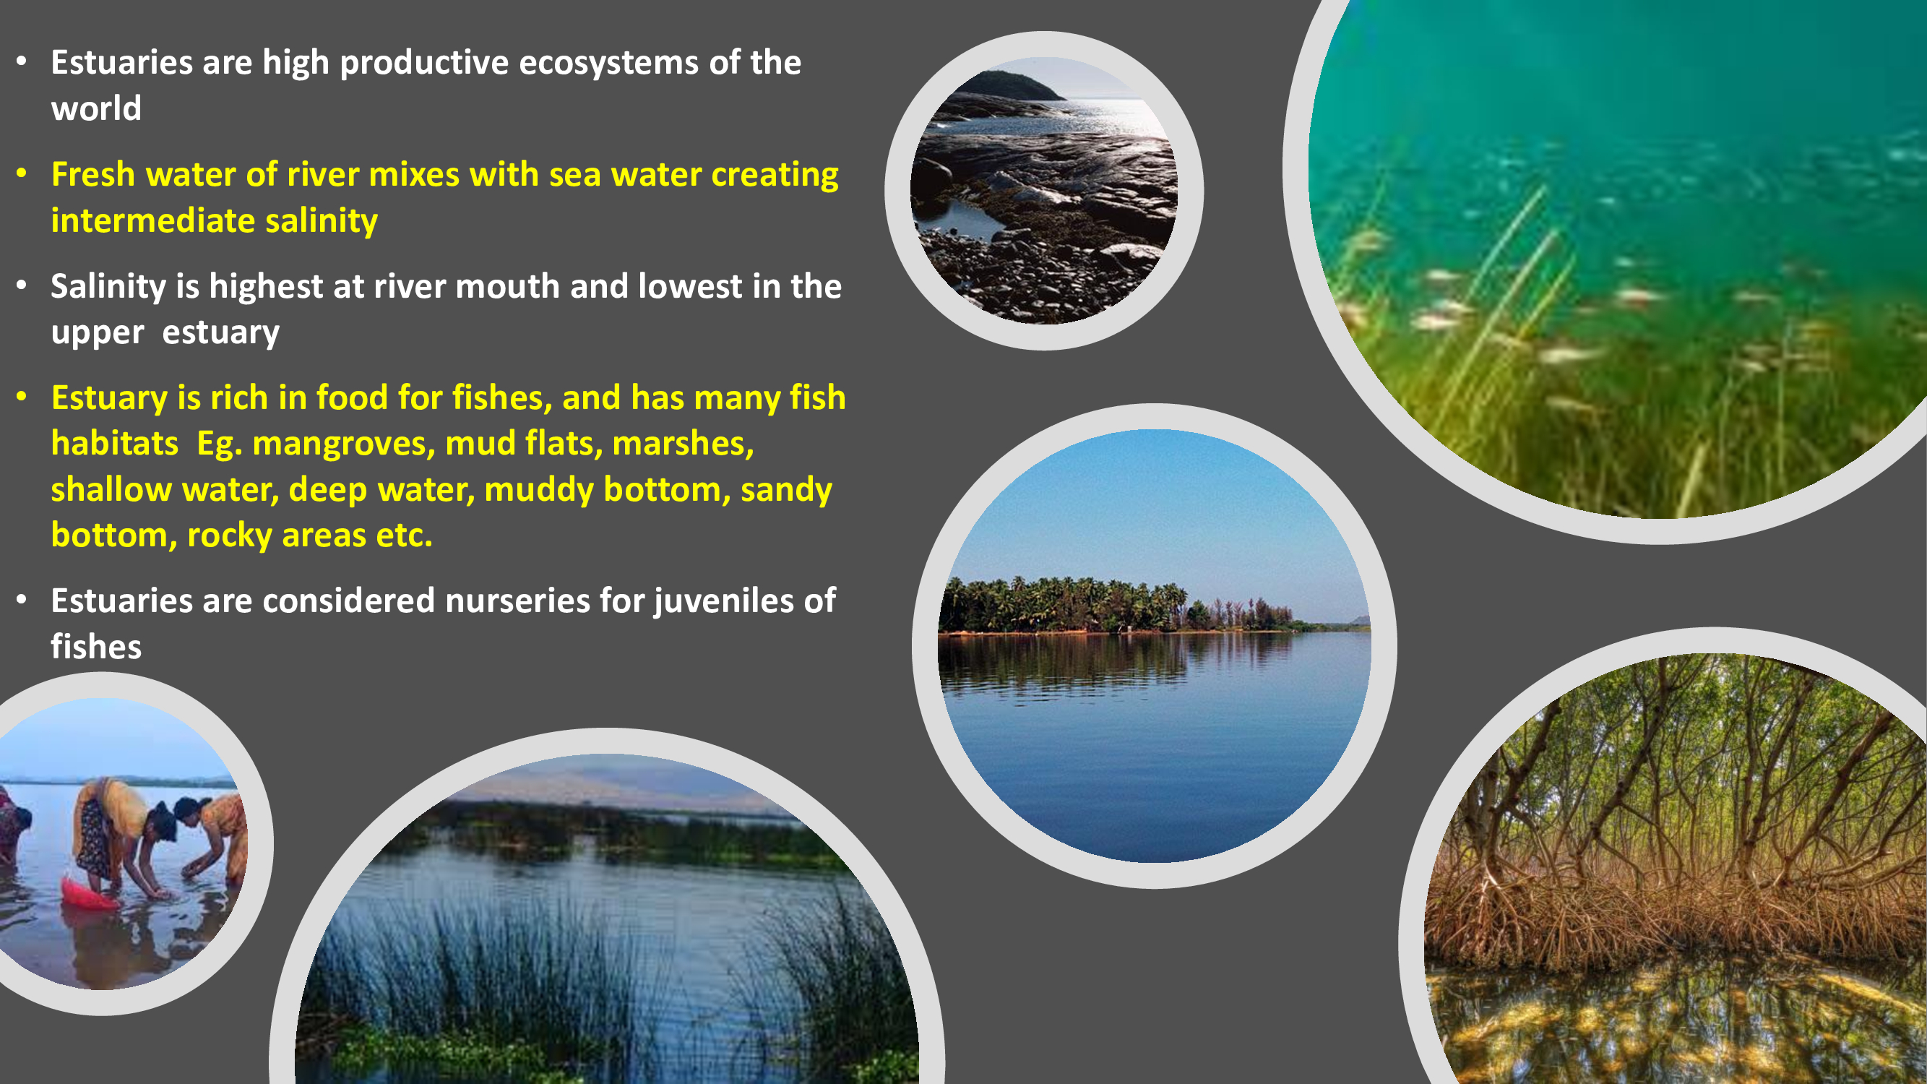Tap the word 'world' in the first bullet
coord(96,108)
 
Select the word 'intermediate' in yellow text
coord(152,220)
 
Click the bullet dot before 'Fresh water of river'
coord(22,174)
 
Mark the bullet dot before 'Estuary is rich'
coord(22,397)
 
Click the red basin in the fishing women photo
coord(87,893)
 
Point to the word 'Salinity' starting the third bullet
coord(108,286)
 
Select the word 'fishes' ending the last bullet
coord(96,646)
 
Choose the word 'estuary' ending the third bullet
coord(220,333)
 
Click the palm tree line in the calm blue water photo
coord(1115,604)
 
